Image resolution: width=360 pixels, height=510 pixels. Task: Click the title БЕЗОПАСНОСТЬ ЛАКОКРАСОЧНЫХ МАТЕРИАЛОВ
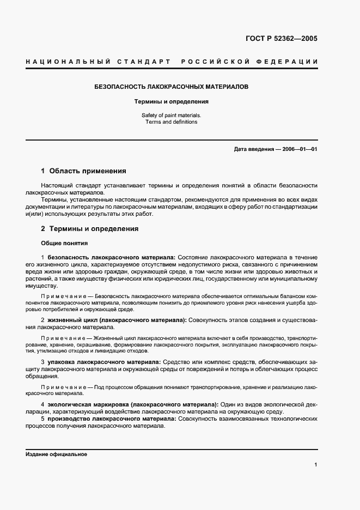[x=172, y=87]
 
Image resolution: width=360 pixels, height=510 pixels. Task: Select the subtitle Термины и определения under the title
[x=172, y=101]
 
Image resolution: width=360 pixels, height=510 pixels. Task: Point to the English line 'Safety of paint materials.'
[x=172, y=115]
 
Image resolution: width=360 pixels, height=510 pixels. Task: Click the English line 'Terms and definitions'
[x=172, y=122]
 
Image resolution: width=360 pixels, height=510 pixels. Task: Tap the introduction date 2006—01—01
[x=300, y=149]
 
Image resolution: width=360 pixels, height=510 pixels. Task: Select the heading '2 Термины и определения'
[x=90, y=229]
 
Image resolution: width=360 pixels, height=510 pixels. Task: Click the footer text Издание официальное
[x=56, y=454]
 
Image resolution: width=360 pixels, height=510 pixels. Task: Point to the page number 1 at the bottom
[x=316, y=465]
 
